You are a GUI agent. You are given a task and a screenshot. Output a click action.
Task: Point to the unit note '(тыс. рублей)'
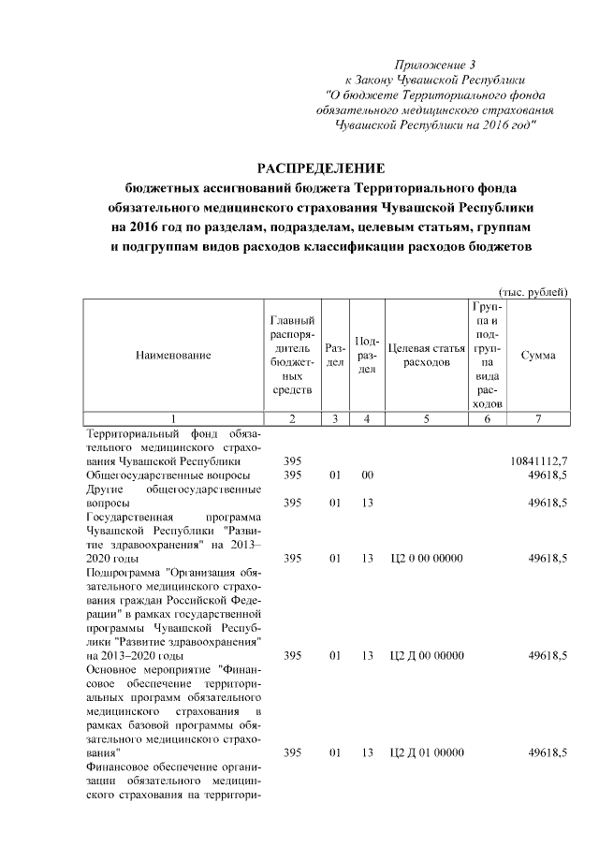pyautogui.click(x=533, y=292)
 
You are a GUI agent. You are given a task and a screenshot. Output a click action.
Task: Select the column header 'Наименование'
pyautogui.click(x=173, y=355)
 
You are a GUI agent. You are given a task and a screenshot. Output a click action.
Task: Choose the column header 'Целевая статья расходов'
pyautogui.click(x=426, y=355)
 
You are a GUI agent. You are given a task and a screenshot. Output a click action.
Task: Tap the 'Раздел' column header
pyautogui.click(x=334, y=355)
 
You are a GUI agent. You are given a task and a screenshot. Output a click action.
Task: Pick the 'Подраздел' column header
pyautogui.click(x=368, y=355)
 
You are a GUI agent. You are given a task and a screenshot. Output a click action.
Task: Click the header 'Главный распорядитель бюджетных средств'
pyautogui.click(x=292, y=355)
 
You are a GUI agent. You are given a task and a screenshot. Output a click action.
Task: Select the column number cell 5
pyautogui.click(x=426, y=419)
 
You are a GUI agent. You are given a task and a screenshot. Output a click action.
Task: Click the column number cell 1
pyautogui.click(x=173, y=419)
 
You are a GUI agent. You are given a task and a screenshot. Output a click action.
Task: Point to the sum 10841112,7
pyautogui.click(x=539, y=461)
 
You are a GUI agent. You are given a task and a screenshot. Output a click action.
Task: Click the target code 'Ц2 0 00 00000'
pyautogui.click(x=426, y=559)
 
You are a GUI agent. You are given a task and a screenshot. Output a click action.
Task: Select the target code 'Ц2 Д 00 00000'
pyautogui.click(x=426, y=656)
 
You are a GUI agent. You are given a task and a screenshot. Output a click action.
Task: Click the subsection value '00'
pyautogui.click(x=368, y=475)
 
